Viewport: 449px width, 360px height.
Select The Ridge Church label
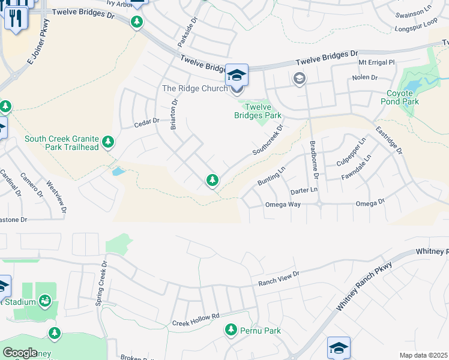tap(195, 88)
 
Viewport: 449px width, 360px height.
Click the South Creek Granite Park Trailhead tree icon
tap(108, 142)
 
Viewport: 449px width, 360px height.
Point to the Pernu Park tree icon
tap(231, 329)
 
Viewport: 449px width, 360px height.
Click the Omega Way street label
tap(283, 205)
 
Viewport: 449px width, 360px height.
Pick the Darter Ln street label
tap(303, 190)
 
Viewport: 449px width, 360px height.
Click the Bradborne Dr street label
tap(313, 160)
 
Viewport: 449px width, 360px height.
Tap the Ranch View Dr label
tap(279, 277)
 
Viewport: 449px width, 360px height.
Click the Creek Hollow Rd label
tap(196, 320)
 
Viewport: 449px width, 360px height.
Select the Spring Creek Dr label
tap(100, 283)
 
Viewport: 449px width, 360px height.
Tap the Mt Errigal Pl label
tap(376, 62)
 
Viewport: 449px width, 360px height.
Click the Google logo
tap(20, 353)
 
